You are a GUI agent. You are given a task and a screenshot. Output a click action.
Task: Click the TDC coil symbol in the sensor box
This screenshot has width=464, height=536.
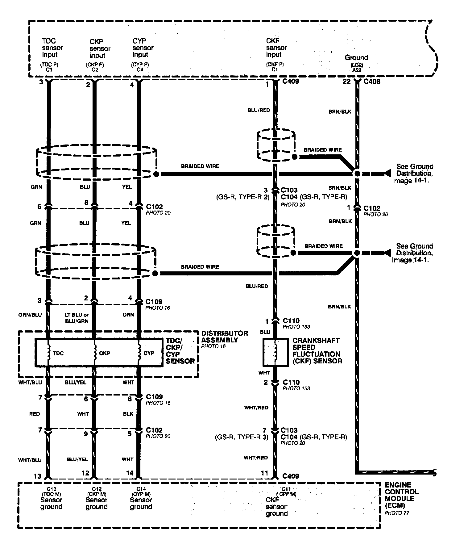[49, 353]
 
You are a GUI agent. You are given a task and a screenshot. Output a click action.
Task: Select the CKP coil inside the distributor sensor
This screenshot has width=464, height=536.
[95, 353]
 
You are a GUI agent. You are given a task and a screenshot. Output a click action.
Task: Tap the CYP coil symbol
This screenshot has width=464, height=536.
[139, 353]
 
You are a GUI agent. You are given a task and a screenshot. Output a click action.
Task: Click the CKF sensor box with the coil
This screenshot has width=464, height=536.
[275, 353]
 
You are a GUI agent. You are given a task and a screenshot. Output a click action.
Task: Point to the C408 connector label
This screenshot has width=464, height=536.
[372, 82]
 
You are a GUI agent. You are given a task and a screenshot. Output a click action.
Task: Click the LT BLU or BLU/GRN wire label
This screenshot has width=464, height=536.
[77, 318]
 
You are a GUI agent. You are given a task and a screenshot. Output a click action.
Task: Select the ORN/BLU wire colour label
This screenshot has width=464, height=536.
[30, 315]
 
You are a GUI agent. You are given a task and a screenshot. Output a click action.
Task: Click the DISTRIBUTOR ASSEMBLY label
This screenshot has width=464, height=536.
[224, 337]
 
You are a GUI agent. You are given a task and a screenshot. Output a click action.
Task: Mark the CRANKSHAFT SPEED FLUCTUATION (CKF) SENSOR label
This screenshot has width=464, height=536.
[317, 351]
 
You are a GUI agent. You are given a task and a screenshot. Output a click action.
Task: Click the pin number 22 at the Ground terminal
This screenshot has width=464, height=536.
[347, 81]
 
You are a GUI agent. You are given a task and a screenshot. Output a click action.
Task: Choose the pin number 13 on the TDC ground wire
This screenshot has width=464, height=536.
[37, 476]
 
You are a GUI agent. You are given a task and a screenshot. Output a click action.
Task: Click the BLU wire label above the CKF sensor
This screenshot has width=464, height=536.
[265, 332]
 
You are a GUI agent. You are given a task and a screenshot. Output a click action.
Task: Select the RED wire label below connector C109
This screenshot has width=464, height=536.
[35, 414]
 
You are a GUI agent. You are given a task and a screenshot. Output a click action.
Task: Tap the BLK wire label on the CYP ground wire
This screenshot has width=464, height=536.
[128, 414]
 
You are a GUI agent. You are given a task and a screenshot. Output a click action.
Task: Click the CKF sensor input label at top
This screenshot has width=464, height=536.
[276, 48]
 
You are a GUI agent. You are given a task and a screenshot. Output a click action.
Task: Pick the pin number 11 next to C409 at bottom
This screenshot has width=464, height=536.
[264, 473]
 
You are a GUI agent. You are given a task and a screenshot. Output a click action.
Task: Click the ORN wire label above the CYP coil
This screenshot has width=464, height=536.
[128, 315]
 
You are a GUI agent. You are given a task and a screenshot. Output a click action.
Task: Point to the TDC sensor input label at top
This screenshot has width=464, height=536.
[52, 48]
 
